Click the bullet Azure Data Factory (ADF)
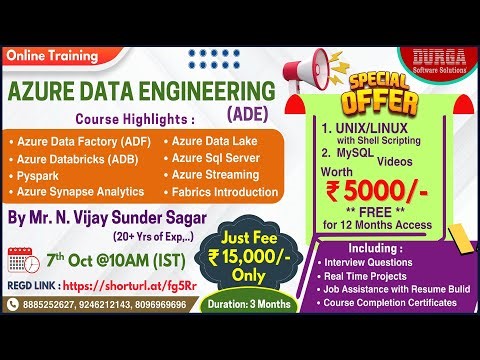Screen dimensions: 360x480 (80, 141)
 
